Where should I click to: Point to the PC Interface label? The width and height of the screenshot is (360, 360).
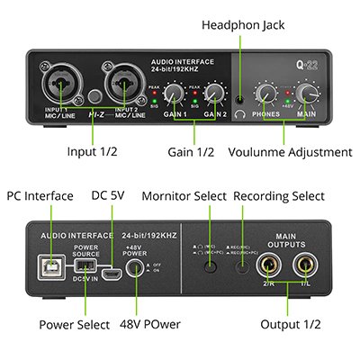40,195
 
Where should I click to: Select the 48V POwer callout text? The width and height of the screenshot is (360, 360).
142,324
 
